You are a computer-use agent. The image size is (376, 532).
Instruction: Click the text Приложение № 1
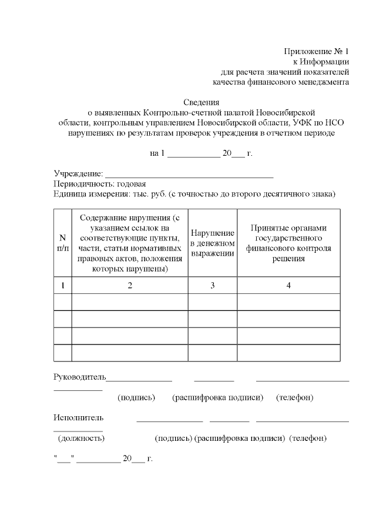click(317, 51)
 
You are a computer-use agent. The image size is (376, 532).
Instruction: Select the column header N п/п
click(62, 242)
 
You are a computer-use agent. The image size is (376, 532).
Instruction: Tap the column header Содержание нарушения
click(130, 242)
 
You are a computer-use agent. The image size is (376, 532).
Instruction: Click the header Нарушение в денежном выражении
click(213, 243)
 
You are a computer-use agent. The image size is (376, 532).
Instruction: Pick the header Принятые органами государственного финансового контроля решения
click(288, 243)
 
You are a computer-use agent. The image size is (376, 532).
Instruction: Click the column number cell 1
click(62, 285)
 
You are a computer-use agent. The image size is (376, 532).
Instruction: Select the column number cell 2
click(130, 285)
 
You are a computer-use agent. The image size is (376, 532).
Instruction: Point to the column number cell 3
click(213, 285)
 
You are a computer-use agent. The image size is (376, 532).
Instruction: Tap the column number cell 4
click(288, 285)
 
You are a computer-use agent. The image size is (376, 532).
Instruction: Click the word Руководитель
click(79, 376)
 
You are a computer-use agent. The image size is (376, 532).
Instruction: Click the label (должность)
click(81, 438)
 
